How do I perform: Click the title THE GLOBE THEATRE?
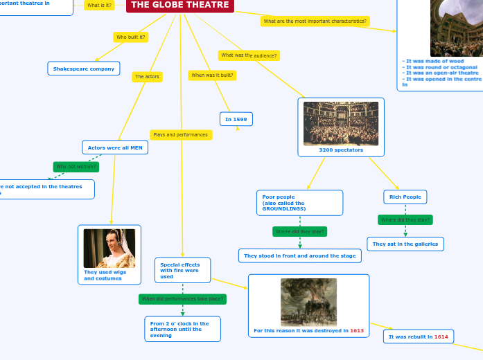click(179, 5)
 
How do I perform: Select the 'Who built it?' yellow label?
click(131, 37)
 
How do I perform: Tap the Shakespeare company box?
click(84, 69)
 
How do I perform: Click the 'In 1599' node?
click(236, 119)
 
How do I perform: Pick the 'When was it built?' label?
click(213, 75)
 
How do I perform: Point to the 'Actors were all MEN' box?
click(115, 147)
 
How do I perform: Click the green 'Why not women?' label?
click(76, 166)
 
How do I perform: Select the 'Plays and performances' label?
click(180, 134)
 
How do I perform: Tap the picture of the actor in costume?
click(109, 248)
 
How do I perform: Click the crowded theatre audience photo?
click(341, 124)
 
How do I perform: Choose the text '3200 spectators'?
click(341, 150)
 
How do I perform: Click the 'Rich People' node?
click(405, 197)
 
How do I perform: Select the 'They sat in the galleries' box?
click(405, 244)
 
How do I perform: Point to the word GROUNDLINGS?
click(284, 208)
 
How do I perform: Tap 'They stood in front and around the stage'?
click(299, 256)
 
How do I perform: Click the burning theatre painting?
click(308, 301)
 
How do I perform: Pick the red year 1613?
click(357, 331)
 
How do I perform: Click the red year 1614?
click(441, 336)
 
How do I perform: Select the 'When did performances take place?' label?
click(183, 299)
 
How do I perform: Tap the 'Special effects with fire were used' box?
click(182, 270)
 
